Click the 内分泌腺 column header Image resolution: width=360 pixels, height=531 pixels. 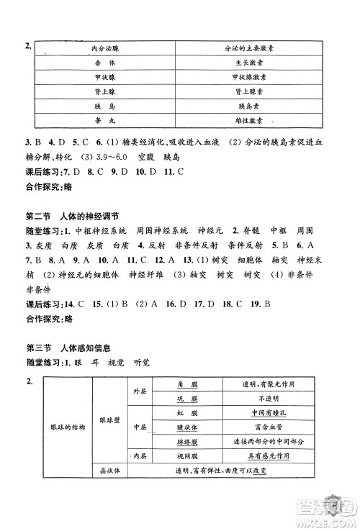105,49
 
